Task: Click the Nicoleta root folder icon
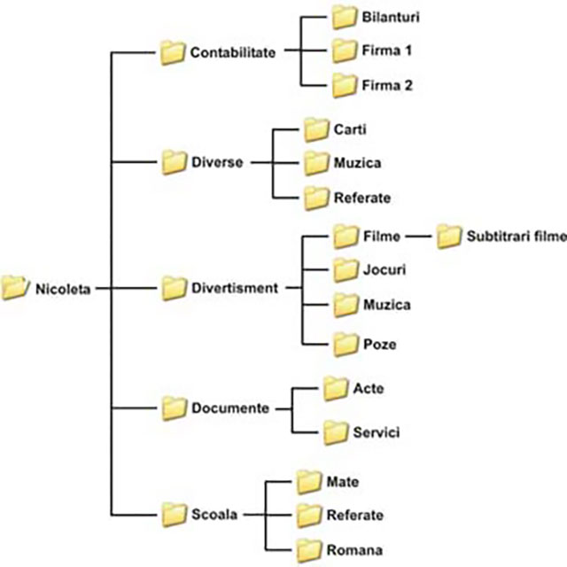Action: [15, 286]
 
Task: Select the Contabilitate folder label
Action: [233, 52]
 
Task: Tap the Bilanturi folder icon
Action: [345, 17]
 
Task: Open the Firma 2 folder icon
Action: [345, 85]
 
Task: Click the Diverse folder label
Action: [216, 163]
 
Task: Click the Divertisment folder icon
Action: [174, 288]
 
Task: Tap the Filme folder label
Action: [383, 237]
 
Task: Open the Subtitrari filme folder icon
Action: [449, 237]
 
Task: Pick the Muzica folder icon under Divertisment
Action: [345, 305]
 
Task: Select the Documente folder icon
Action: [174, 408]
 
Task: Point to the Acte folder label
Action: [369, 388]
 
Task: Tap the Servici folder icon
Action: [334, 432]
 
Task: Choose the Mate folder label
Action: [342, 482]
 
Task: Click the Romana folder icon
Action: [307, 548]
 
